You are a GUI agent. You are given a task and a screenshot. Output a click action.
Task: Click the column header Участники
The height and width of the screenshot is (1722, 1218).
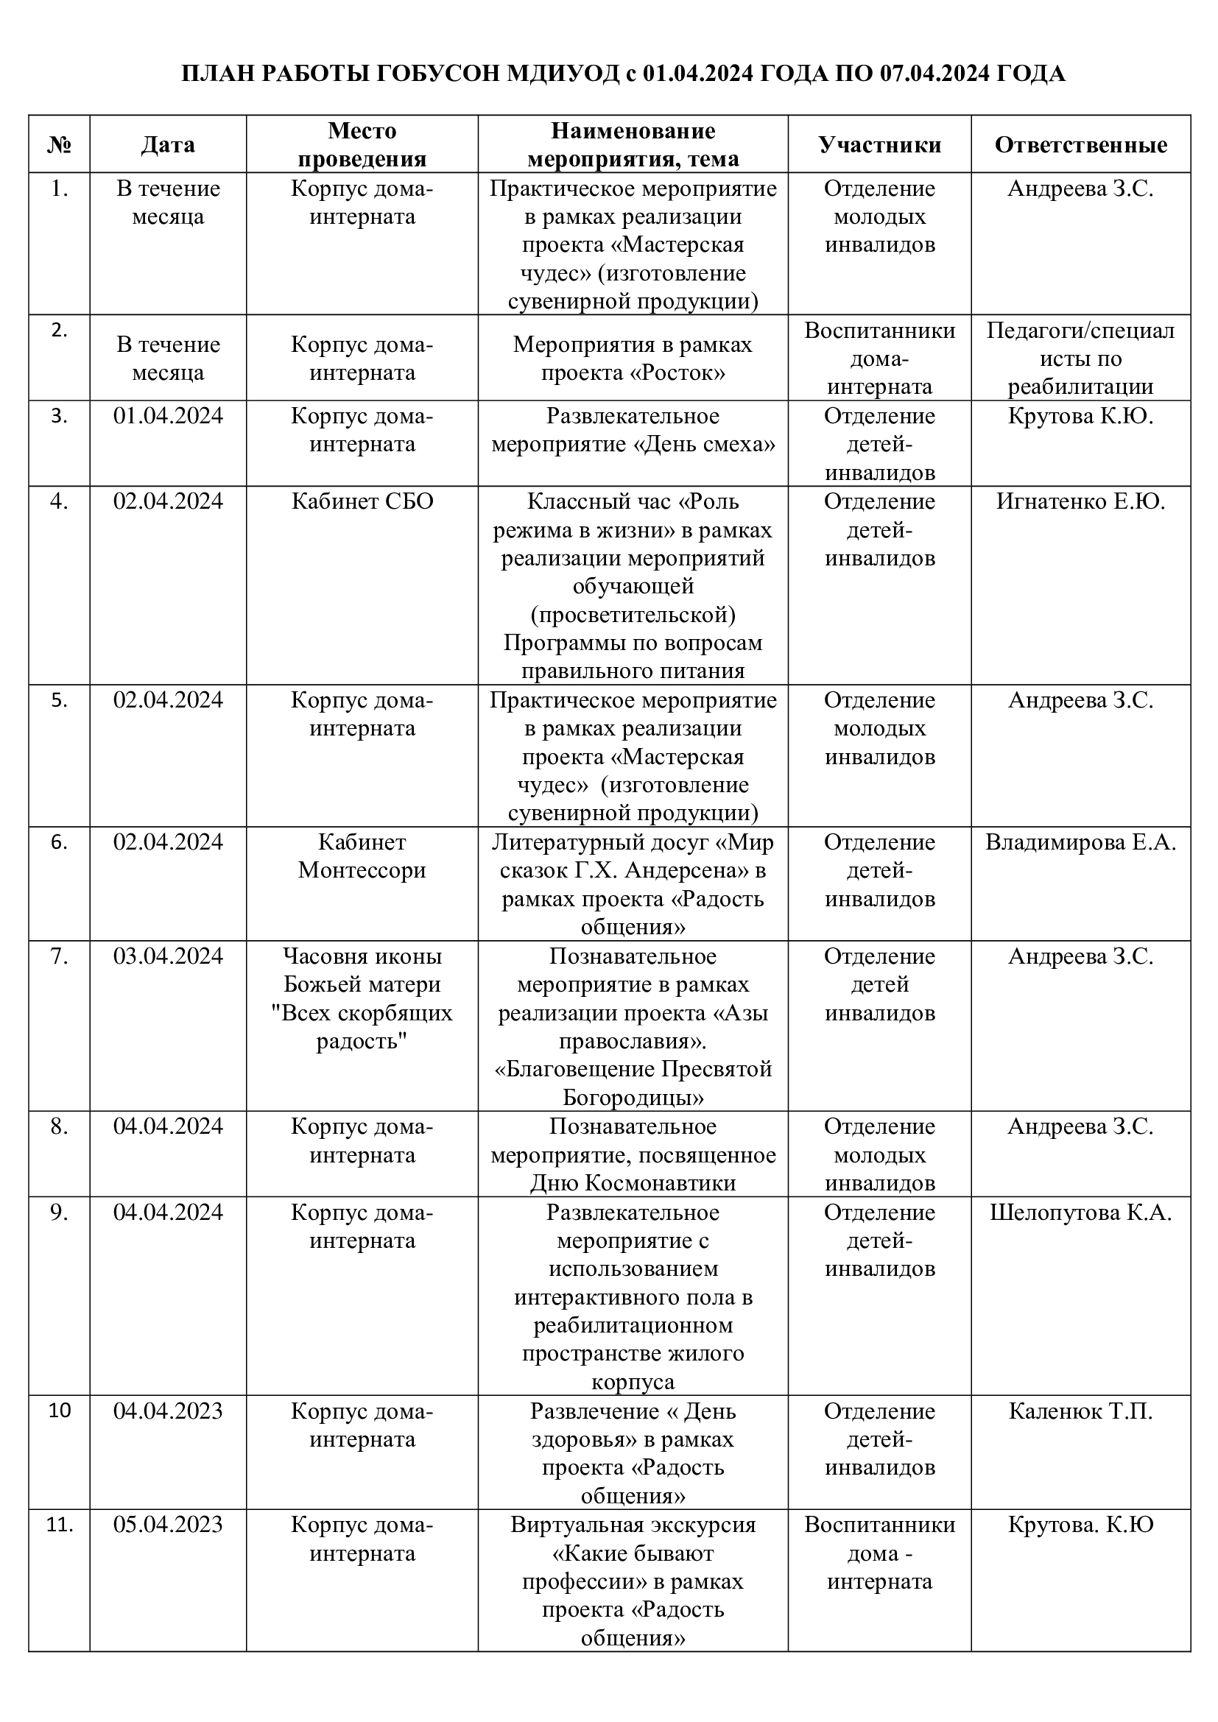click(879, 145)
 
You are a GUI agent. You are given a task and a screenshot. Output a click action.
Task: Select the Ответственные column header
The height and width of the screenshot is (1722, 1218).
click(1080, 145)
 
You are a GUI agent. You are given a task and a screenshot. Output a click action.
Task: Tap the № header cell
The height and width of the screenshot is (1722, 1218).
click(59, 145)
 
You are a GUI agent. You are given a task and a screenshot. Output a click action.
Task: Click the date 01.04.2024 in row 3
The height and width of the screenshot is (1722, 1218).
click(168, 416)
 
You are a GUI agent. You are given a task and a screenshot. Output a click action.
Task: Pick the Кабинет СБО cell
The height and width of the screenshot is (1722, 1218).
click(362, 501)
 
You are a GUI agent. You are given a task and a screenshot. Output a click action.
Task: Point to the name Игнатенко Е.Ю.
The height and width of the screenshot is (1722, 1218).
click(1080, 501)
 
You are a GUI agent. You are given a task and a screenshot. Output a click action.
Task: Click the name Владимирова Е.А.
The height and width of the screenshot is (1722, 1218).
click(1080, 842)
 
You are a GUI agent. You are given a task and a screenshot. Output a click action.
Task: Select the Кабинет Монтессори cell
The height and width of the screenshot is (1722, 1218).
click(362, 855)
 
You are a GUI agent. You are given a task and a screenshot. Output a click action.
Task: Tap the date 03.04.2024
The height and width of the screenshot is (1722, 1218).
click(168, 956)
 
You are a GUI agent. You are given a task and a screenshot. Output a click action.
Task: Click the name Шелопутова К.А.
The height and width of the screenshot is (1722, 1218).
click(1080, 1213)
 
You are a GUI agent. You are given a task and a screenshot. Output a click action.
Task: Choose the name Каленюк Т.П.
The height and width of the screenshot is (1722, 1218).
click(1080, 1411)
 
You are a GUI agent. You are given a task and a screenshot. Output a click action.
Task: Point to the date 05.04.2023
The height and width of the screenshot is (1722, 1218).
click(168, 1525)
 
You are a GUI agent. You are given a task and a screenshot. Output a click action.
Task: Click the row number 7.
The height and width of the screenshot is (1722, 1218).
click(59, 956)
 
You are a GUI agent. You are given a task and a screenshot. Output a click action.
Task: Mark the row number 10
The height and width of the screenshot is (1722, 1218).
click(59, 1411)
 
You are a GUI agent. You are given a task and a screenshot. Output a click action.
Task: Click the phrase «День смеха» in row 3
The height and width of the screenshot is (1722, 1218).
click(705, 445)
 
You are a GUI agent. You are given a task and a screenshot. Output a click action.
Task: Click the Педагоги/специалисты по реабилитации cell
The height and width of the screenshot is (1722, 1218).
click(1080, 359)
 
